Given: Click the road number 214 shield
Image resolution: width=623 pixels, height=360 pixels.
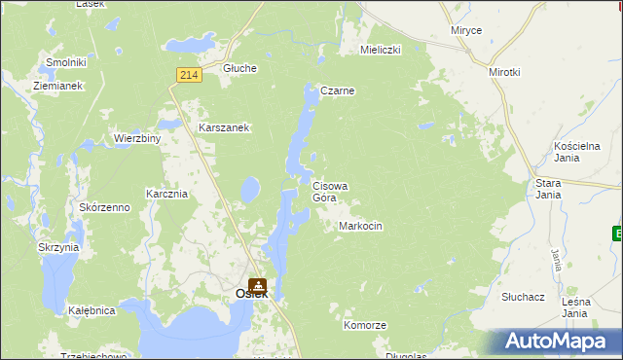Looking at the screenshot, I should click(189, 74).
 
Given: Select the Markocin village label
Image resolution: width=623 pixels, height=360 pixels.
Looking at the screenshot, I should click(360, 226).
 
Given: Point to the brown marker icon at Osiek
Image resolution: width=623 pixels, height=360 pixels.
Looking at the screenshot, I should click(258, 286).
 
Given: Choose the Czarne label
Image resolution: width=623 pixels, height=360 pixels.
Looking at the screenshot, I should click(337, 90).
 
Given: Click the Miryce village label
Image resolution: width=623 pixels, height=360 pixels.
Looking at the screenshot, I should click(466, 30).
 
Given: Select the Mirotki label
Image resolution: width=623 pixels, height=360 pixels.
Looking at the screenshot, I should click(505, 72).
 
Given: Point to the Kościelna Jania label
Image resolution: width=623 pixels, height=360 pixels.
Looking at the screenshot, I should click(565, 150).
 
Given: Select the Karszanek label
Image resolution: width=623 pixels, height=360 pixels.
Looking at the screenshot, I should click(225, 127).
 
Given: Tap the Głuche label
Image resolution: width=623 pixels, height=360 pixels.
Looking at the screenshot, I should click(239, 68).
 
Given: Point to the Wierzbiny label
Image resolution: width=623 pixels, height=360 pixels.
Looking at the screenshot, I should click(137, 138).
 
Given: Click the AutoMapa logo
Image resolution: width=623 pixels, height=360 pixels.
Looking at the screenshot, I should click(556, 341).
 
